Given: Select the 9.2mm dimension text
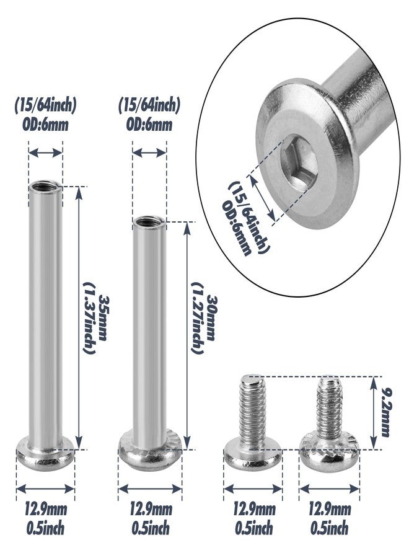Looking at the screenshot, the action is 385,412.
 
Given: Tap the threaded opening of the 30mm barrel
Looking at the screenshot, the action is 149,222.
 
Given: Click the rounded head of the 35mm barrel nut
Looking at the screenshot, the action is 45,454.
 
